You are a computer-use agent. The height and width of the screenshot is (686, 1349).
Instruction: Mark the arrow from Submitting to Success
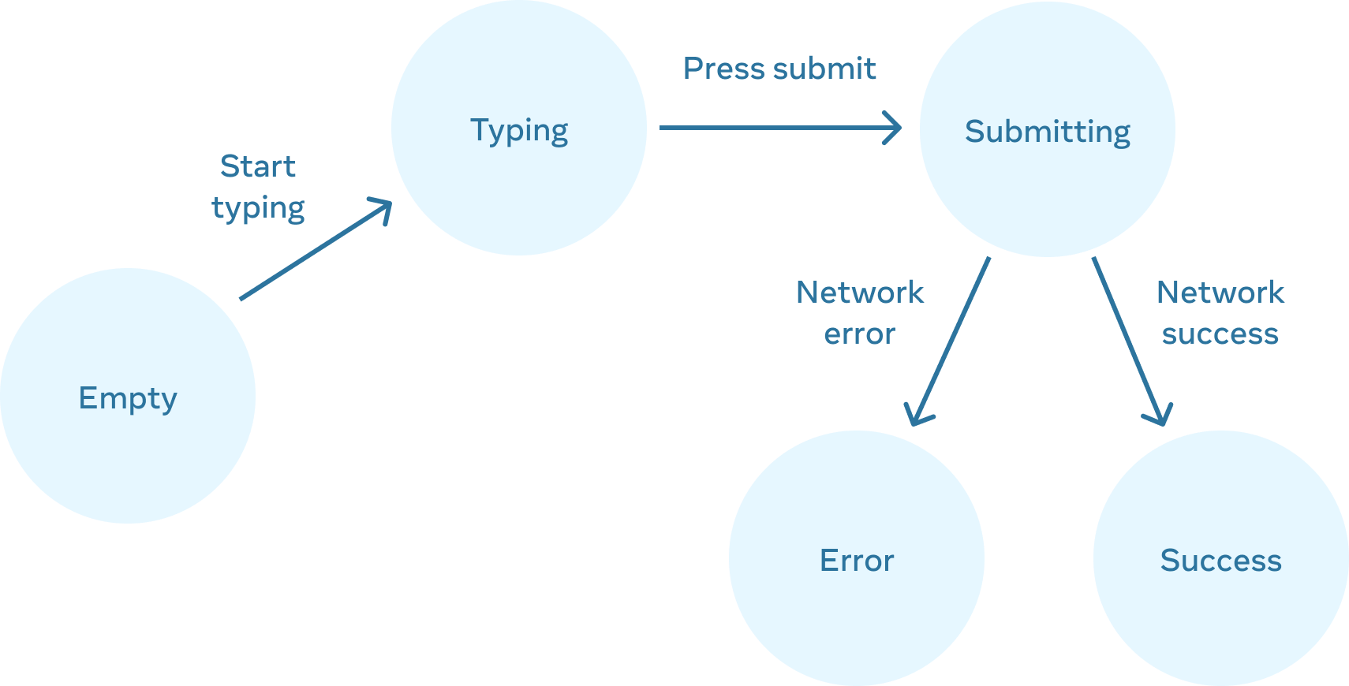coord(1128,339)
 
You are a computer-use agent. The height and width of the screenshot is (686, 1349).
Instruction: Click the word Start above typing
coord(257,166)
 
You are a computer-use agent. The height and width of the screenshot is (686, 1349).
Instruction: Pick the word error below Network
coord(858,334)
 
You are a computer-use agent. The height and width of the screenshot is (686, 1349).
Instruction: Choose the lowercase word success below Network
coord(1219,334)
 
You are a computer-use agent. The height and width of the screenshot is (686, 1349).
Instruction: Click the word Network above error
coord(858,293)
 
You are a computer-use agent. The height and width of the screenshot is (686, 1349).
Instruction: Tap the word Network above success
coord(1219,293)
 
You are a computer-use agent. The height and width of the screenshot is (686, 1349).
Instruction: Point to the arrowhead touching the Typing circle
coord(383,208)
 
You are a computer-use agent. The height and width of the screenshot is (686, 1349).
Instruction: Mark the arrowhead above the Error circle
coord(917,415)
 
